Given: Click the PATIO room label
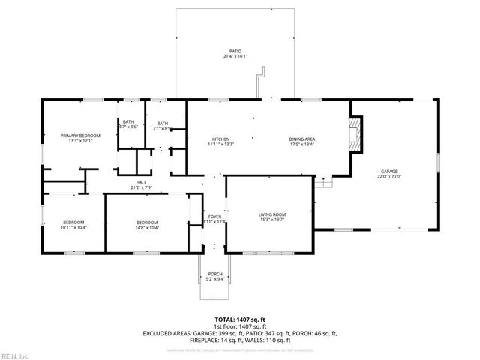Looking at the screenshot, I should [235, 52].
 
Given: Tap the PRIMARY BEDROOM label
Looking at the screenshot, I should [79, 136].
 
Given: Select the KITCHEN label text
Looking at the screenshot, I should [220, 139].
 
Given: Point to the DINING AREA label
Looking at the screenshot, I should [301, 139].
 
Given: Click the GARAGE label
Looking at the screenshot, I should [388, 171].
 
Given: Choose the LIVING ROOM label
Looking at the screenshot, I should [272, 214].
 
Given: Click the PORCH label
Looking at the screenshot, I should [215, 274].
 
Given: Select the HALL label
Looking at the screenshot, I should [141, 182].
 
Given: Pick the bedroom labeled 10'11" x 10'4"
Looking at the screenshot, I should [73, 227].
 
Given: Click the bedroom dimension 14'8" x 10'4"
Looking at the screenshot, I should [147, 227].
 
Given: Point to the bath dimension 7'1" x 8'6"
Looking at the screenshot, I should [162, 128].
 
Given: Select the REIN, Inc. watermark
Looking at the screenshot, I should [15, 355].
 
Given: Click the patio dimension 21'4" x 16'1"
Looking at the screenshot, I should [235, 57].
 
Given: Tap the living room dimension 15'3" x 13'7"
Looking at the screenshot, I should [272, 220].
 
